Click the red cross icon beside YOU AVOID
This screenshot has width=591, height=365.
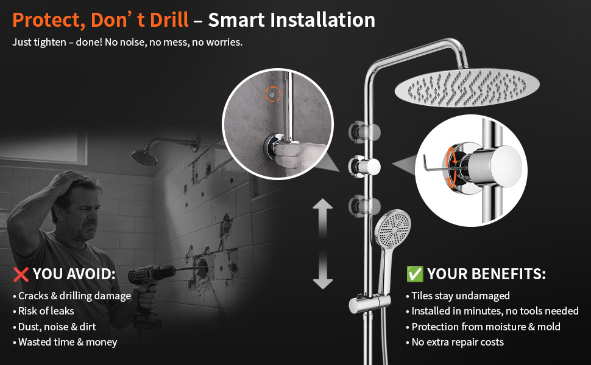(x=21, y=274)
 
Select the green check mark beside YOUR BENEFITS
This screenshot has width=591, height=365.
(x=415, y=274)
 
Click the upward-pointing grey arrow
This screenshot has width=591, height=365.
(x=323, y=218)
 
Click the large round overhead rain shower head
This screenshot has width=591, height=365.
(x=467, y=88)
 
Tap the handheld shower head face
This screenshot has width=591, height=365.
(x=393, y=227)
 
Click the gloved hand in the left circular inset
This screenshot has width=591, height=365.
(x=298, y=158)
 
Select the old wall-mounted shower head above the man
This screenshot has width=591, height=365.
(x=145, y=157)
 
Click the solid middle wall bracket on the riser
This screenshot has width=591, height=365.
(x=364, y=167)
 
